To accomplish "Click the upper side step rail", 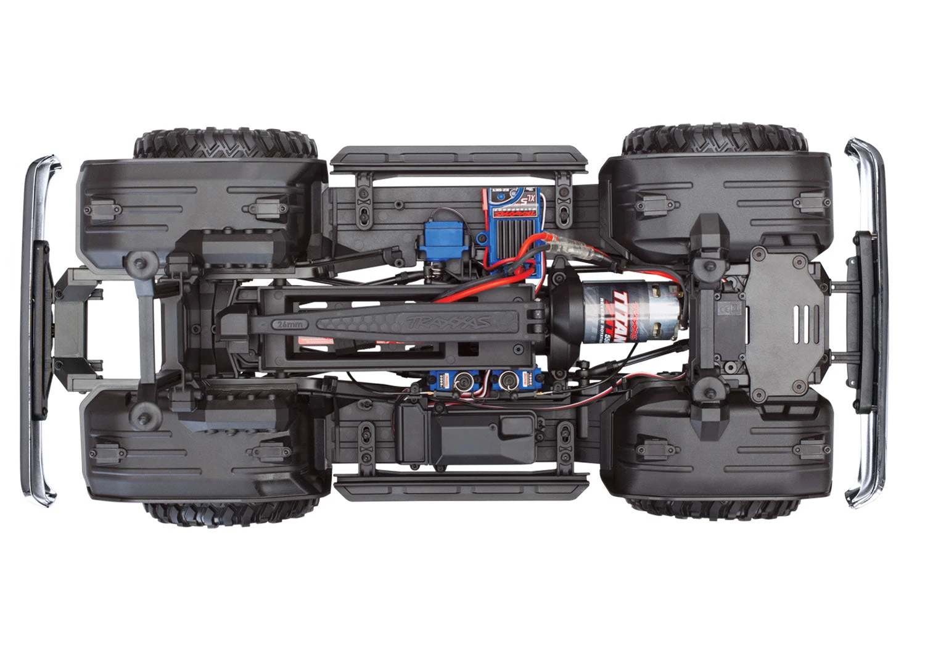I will (x=459, y=159).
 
